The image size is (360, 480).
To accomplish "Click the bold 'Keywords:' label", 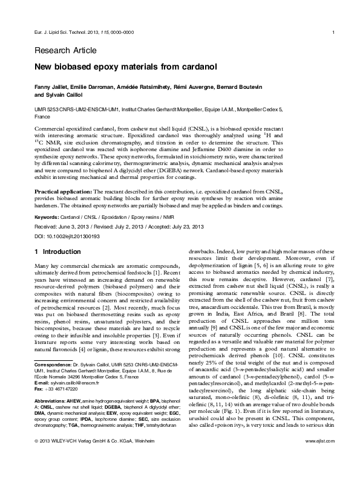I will [x=47, y=216].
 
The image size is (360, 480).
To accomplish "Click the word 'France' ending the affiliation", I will [x=42, y=115].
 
